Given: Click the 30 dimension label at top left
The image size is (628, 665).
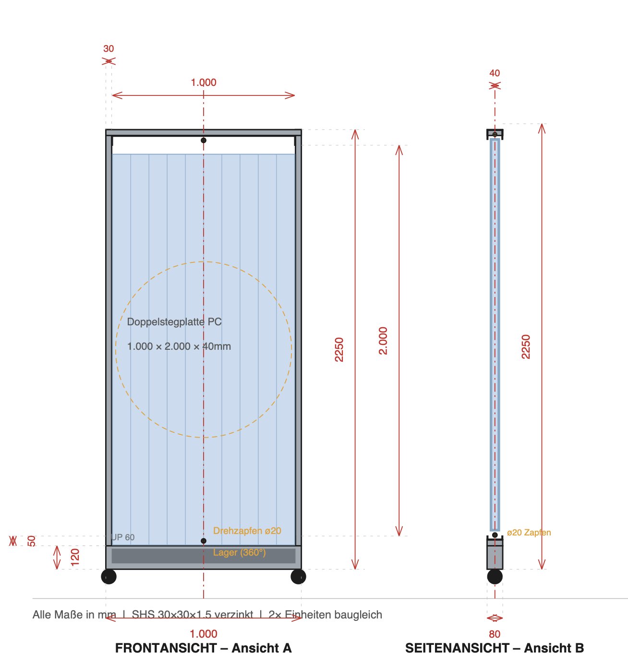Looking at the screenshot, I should tap(109, 48).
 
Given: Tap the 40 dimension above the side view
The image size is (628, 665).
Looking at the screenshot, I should tap(495, 73).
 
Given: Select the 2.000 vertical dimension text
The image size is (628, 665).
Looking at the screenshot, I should tap(383, 341).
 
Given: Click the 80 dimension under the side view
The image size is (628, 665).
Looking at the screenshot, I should tap(495, 634).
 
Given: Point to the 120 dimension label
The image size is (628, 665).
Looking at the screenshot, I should tap(75, 557).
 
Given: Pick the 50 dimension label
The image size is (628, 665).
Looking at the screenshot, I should tap(32, 541).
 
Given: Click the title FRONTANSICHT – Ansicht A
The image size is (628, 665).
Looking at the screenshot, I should tap(203, 648).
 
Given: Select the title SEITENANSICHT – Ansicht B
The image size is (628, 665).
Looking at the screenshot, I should tap(495, 648).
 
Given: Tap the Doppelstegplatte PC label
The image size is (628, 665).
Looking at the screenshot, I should tap(174, 322).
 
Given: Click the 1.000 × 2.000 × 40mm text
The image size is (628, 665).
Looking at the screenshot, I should tap(179, 346).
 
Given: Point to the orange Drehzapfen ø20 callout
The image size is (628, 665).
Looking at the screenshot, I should tap(247, 531).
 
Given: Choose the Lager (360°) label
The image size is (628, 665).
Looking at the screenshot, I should tap(239, 552).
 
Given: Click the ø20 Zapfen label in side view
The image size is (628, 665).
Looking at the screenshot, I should tap(529, 533).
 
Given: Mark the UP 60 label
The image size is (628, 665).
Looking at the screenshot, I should tap(123, 537).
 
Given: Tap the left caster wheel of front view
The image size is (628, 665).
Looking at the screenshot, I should tap(109, 576).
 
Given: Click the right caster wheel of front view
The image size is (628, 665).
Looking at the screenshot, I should tap(298, 576).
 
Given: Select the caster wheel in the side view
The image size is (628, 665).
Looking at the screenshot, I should tap(495, 576).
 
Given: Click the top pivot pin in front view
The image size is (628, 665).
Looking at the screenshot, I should tap(204, 140).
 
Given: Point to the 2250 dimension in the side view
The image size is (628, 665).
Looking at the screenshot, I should tap(526, 346).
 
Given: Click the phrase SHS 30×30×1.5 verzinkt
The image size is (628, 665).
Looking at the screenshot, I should tap(193, 615).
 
